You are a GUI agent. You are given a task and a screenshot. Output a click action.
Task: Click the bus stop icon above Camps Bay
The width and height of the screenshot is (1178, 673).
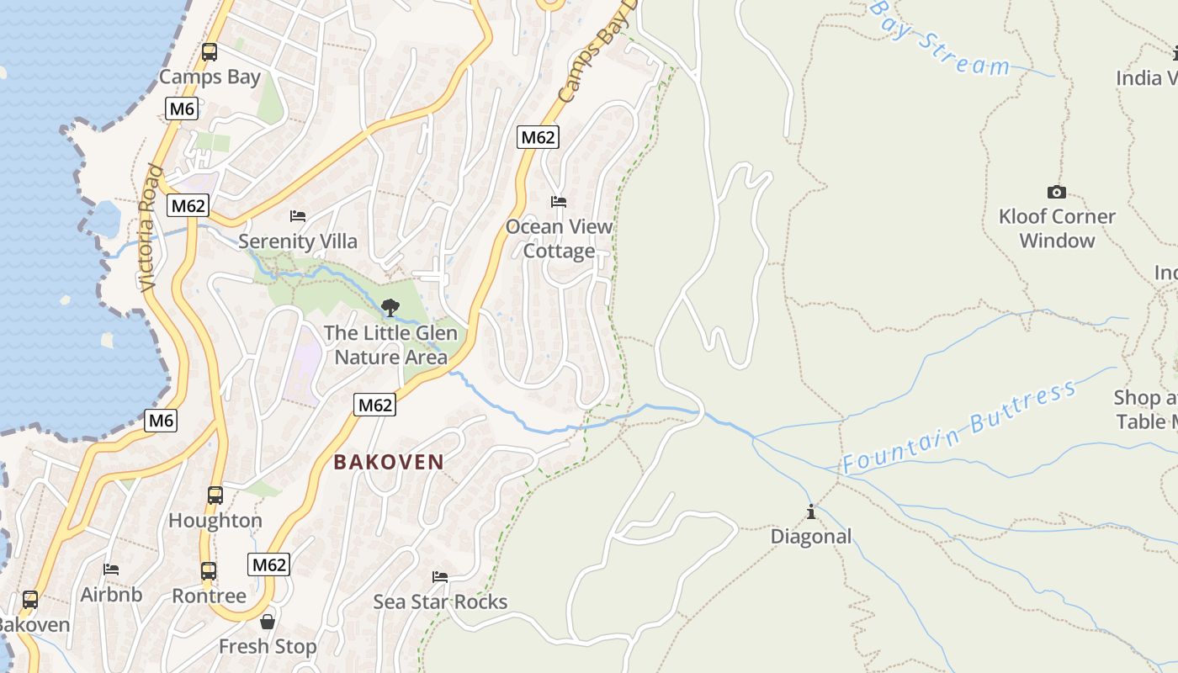[210, 52]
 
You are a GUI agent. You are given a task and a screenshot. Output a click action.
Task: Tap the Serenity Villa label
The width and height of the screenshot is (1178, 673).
[298, 241]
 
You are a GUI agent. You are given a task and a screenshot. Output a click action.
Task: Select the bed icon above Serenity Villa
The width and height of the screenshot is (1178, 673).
[298, 216]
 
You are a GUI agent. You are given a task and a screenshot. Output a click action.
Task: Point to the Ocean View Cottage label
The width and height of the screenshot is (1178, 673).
[560, 239]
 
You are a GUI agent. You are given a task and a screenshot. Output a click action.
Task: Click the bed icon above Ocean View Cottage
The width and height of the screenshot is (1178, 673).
[559, 202]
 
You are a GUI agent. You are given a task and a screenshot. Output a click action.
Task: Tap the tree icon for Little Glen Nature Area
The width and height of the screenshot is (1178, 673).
[390, 308]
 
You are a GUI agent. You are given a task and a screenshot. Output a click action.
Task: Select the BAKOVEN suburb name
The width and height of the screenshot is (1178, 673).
[389, 462]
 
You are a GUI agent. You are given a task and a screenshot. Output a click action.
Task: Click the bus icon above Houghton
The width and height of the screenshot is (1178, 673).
[215, 495]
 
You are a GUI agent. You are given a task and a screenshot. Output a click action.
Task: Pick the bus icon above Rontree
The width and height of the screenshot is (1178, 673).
[209, 571]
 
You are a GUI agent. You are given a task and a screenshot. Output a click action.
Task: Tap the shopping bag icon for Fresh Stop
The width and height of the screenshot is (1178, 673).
[268, 622]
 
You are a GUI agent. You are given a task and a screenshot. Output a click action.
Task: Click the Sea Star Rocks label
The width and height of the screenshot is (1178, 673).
[440, 601]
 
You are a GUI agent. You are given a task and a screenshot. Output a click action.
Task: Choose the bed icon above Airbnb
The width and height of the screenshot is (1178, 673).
[111, 570]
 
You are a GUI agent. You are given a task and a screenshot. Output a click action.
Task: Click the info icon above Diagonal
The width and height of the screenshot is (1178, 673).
[811, 511]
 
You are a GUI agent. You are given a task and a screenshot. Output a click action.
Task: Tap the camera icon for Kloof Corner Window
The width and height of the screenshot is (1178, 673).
[1057, 192]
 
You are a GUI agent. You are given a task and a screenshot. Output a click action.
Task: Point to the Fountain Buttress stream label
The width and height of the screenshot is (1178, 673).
[959, 427]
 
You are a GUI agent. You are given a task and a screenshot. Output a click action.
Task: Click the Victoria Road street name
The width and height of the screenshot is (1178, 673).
[148, 227]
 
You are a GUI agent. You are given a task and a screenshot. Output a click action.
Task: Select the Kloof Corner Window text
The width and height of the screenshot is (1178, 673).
[1057, 228]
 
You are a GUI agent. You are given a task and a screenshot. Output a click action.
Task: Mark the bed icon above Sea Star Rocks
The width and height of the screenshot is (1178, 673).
[440, 577]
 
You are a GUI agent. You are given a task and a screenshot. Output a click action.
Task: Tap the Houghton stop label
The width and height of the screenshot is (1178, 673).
[215, 521]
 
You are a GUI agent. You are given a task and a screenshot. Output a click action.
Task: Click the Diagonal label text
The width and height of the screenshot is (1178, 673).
[811, 537]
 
